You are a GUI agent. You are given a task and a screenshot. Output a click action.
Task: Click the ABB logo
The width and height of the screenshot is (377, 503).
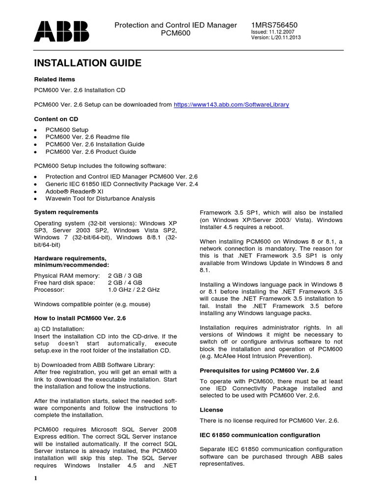61,30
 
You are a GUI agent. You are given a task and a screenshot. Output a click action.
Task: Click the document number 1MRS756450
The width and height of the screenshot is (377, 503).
274,25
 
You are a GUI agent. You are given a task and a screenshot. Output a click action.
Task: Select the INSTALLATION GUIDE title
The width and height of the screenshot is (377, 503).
87,63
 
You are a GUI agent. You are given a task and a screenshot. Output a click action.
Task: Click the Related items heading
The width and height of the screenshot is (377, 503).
54,79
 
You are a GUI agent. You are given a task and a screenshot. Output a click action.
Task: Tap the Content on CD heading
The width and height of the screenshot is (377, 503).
56,119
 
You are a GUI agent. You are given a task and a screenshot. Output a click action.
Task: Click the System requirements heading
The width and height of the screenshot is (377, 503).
66,212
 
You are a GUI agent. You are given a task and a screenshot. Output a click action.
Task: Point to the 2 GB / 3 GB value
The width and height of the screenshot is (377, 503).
125,276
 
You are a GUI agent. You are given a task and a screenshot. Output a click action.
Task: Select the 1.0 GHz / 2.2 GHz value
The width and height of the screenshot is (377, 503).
134,290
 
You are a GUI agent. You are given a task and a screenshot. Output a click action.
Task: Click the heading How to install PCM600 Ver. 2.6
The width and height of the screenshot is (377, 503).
80,318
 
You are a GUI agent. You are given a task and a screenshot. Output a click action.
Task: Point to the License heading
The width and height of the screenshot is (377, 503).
212,410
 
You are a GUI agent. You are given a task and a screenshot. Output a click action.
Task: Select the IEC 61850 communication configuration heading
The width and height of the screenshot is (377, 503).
260,435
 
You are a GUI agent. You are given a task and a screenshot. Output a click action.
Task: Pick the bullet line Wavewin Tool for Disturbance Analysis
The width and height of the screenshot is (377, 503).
100,198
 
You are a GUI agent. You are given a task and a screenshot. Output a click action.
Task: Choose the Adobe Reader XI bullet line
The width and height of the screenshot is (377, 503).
78,191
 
